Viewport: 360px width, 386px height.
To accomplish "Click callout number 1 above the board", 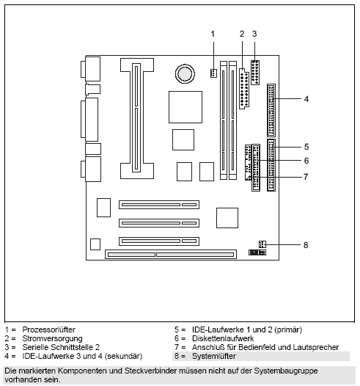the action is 213,34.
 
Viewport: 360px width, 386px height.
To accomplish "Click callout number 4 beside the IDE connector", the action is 306,99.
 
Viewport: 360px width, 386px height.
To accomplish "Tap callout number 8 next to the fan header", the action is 306,245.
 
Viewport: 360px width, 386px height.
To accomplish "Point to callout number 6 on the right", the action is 306,161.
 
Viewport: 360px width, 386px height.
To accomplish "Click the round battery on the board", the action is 185,73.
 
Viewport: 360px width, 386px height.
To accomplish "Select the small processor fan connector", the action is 213,73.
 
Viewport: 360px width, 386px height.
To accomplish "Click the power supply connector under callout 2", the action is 243,89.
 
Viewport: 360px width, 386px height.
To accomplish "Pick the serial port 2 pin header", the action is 255,73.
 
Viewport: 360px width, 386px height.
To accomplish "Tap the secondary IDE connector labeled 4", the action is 271,110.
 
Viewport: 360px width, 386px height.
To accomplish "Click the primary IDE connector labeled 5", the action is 271,165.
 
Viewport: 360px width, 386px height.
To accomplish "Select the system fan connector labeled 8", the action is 262,244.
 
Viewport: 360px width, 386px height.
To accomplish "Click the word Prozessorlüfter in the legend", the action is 48,329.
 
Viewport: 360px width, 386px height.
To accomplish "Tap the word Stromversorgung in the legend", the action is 52,339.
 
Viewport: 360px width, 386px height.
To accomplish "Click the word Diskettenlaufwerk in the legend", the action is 223,338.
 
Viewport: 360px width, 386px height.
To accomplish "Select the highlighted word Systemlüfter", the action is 214,356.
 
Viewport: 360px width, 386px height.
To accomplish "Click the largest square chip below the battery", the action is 185,107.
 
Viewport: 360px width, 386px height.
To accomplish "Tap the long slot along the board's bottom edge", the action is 171,255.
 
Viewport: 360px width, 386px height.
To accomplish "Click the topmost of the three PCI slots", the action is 159,205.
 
